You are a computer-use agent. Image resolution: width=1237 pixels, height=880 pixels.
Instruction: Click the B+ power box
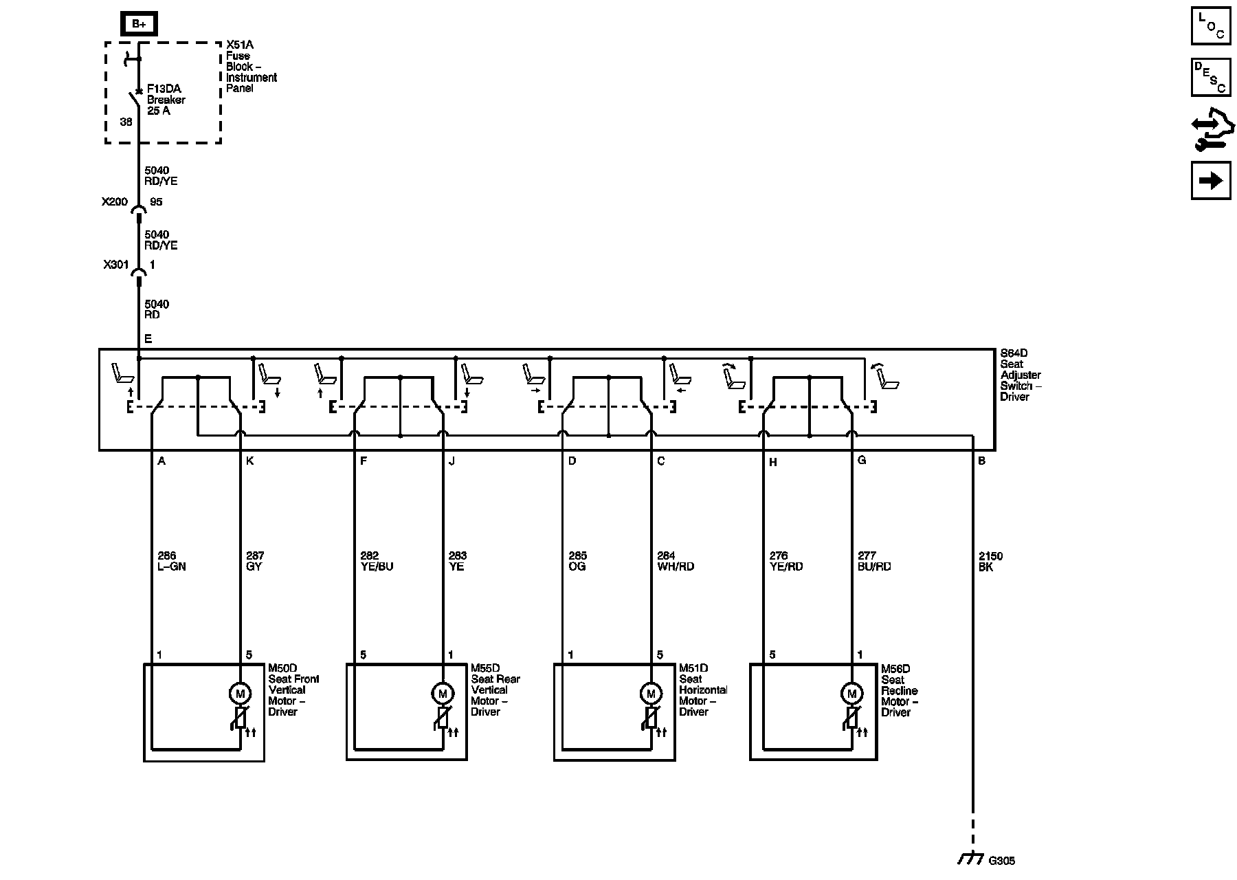139,24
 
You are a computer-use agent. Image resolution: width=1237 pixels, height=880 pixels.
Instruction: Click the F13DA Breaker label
166,100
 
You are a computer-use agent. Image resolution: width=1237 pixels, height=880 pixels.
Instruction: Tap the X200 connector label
115,202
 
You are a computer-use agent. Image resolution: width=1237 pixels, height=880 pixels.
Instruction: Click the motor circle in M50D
240,693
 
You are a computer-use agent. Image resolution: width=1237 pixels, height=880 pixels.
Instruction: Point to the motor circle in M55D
443,693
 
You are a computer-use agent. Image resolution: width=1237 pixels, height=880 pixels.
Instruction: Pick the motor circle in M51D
650,693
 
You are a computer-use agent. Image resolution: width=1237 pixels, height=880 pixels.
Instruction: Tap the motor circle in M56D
851,693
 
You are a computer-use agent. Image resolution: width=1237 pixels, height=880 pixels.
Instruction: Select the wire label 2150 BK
990,562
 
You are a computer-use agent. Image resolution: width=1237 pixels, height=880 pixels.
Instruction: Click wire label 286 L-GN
171,561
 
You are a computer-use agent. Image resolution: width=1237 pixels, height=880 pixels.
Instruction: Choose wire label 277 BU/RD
874,561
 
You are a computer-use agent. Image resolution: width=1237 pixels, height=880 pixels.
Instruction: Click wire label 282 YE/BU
377,561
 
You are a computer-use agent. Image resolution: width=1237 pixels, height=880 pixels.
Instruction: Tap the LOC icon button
1211,25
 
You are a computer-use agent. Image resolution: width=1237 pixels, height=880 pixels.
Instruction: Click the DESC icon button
1211,76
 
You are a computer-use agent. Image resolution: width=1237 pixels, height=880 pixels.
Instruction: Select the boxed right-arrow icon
1211,180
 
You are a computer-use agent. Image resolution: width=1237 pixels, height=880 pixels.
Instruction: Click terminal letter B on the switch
982,461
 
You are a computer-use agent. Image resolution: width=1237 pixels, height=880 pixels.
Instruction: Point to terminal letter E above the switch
148,339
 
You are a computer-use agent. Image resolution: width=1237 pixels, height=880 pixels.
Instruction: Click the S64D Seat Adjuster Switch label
1021,375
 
